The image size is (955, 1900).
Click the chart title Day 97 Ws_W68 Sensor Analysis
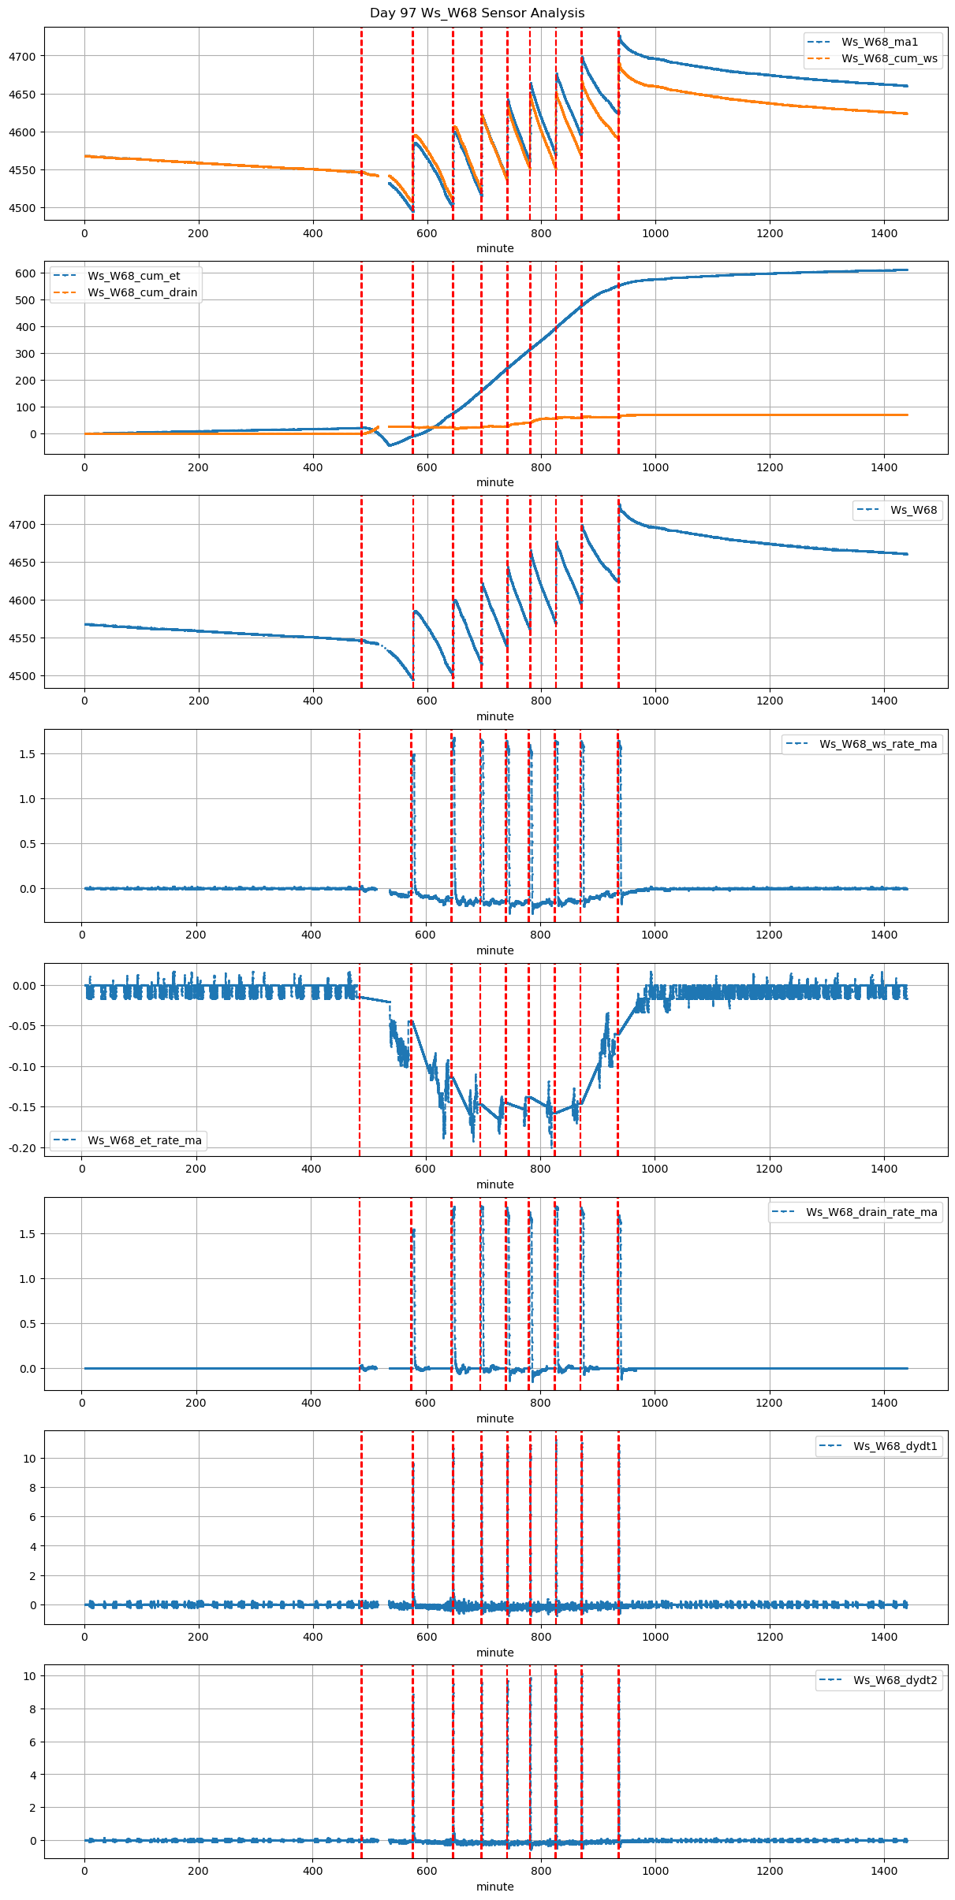click(x=477, y=13)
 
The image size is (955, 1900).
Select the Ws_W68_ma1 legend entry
click(x=879, y=42)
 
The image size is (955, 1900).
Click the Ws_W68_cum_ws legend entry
click(x=889, y=58)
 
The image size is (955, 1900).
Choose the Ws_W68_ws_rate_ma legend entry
click(x=878, y=744)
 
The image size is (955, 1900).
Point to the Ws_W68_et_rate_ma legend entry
click(x=144, y=1140)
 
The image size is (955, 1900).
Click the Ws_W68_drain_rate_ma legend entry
click(x=871, y=1212)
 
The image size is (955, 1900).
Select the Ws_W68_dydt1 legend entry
click(x=895, y=1446)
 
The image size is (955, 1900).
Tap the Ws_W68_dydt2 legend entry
click(x=895, y=1680)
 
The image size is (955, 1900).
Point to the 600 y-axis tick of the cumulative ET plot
click(x=28, y=273)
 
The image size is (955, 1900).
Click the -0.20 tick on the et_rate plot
click(x=22, y=1148)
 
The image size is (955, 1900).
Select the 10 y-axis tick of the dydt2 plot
click(x=30, y=1676)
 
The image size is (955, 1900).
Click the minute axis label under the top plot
click(x=495, y=248)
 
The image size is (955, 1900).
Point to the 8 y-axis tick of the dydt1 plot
click(x=33, y=1488)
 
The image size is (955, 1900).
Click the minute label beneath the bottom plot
click(x=495, y=1887)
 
